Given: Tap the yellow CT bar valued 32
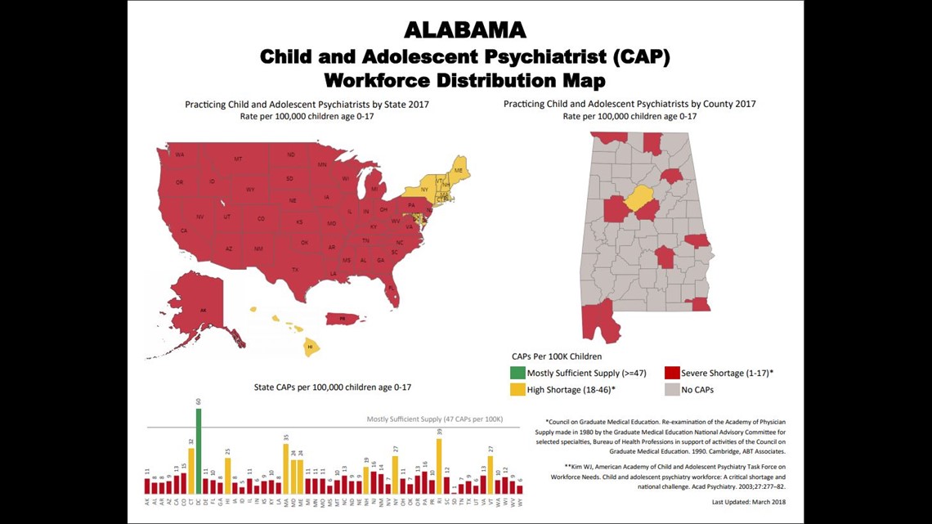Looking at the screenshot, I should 191,471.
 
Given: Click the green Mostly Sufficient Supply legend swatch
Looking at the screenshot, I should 518,373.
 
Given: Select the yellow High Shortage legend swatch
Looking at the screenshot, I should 518,389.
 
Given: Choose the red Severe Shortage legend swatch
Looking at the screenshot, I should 672,373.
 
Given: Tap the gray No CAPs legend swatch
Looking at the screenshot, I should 672,389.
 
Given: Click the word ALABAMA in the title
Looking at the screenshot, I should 465,30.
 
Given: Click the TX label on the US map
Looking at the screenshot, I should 295,269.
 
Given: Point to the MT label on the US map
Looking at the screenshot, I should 238,159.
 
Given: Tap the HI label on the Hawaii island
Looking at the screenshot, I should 310,347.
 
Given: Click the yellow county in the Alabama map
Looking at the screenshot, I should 639,199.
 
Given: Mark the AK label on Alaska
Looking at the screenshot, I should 203,310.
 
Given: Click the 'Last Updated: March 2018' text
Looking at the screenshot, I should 748,502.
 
